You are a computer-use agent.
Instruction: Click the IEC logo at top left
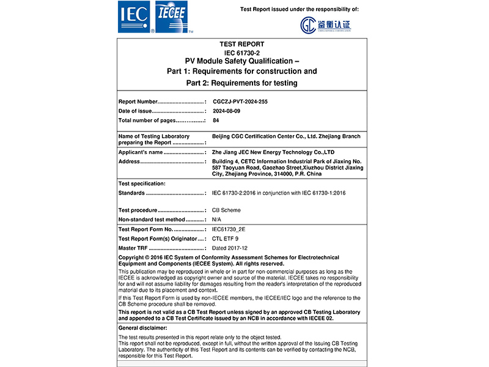pos(136,17)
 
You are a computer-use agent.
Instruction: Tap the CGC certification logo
pos(325,25)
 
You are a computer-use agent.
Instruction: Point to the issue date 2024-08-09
pos(226,111)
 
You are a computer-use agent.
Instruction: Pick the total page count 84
pos(216,120)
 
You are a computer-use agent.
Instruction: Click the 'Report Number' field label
pos(138,101)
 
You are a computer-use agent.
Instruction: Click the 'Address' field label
pos(129,161)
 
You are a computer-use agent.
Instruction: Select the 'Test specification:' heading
pos(141,183)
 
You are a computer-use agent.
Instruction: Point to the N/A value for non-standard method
pos(216,219)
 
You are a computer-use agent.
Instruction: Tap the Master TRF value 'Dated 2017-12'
pos(229,248)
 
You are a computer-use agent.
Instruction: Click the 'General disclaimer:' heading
pos(142,328)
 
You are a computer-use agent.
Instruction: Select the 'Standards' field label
pos(131,193)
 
